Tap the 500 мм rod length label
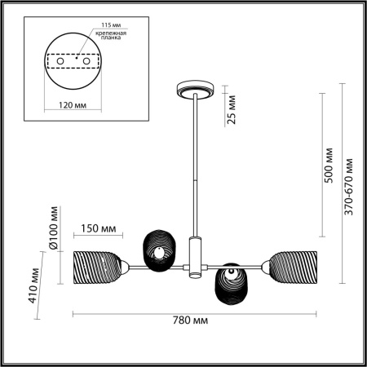pyautogui.click(x=329, y=166)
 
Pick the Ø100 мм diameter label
pyautogui.click(x=55, y=232)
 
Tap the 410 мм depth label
pyautogui.click(x=34, y=282)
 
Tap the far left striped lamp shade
pyautogui.click(x=99, y=266)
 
